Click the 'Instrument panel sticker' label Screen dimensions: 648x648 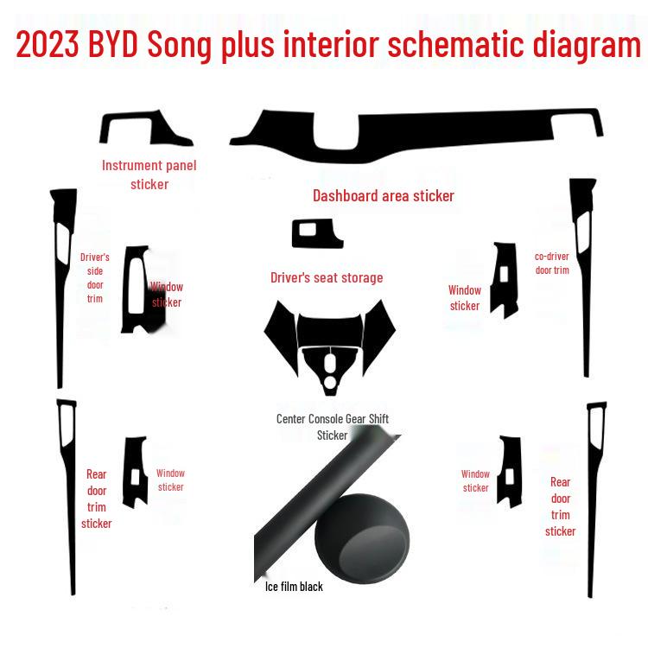[149, 175]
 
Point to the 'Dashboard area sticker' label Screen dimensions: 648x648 [383, 196]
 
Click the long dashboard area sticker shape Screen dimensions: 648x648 [415, 134]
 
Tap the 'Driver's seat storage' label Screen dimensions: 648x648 [327, 277]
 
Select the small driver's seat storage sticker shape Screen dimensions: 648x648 [316, 233]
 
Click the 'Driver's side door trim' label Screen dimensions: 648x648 [94, 277]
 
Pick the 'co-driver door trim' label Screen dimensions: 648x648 [552, 263]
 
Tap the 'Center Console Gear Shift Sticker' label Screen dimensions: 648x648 [332, 427]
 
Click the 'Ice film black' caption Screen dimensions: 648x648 [294, 587]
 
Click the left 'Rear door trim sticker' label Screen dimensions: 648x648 [96, 499]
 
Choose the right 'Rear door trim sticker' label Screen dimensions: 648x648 [560, 506]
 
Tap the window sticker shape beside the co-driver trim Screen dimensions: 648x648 [505, 281]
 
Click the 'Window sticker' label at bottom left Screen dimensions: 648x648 [170, 480]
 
